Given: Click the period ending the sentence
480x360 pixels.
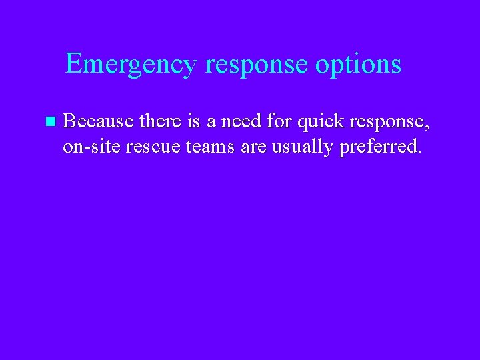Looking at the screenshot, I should (419, 153).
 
